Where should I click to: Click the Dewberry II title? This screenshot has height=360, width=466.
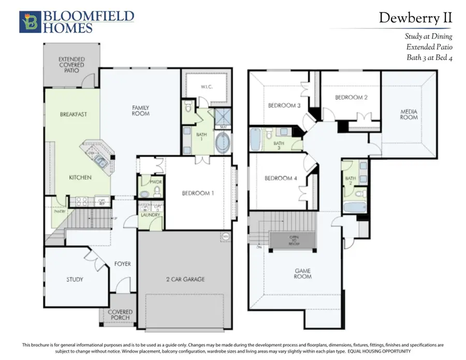pos(415,18)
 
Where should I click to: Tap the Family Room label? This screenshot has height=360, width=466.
pos(140,110)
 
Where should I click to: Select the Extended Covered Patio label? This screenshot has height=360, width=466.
pos(71,65)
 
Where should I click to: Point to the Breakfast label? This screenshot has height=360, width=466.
pos(73,114)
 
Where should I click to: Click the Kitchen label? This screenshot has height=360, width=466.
pos(80,177)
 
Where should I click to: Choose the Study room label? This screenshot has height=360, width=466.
pos(75,279)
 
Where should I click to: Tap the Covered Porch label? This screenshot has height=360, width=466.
pos(120,315)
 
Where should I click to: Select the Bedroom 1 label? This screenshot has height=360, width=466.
pos(199,193)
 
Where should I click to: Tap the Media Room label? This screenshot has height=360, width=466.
pos(409,114)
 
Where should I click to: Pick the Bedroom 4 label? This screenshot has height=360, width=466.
pos(281,179)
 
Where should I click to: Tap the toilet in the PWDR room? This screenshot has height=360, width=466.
pos(144,193)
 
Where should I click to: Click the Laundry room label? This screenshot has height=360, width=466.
pos(150,214)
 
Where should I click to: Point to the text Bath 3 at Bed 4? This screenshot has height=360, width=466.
pos(429,57)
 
